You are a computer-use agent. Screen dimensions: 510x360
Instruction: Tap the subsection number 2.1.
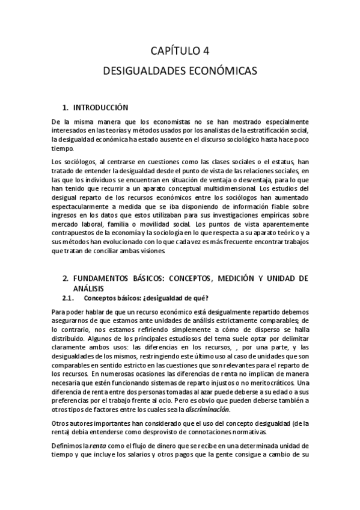[x=69, y=298]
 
